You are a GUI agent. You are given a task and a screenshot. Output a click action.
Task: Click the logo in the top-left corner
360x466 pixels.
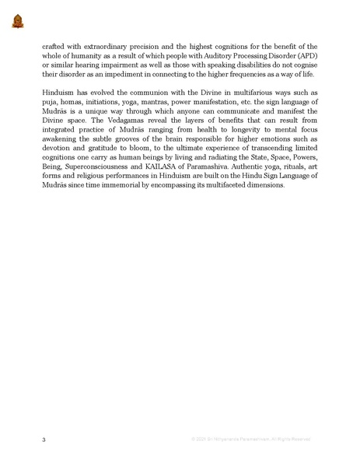click(x=18, y=20)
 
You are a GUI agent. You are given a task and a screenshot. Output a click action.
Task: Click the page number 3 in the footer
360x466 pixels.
click(x=44, y=440)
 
